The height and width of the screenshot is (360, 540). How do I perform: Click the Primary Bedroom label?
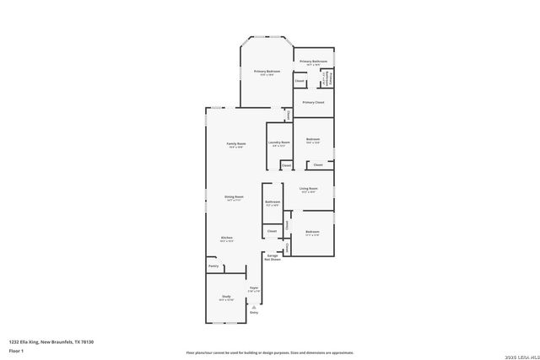pos(267,72)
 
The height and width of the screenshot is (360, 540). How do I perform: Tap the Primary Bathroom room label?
pos(313,62)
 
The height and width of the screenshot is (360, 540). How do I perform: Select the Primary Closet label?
pos(313,102)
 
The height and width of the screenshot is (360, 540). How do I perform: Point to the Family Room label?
pos(236,144)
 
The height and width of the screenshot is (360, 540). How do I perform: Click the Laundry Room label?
pos(279,142)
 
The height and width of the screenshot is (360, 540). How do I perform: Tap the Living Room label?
pos(309,189)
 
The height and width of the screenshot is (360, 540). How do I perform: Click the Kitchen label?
pos(227,238)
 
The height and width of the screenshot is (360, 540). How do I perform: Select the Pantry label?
pos(213,266)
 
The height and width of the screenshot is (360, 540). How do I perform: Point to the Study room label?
pos(226,297)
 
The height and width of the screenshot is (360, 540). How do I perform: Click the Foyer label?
pos(253,287)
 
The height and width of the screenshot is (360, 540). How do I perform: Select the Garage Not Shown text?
pos(273,257)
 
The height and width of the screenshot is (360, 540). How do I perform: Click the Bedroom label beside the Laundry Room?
pos(312,139)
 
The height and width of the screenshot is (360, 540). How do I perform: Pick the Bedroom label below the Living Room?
pos(312,232)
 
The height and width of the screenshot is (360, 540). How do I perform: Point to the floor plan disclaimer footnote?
pos(269,352)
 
